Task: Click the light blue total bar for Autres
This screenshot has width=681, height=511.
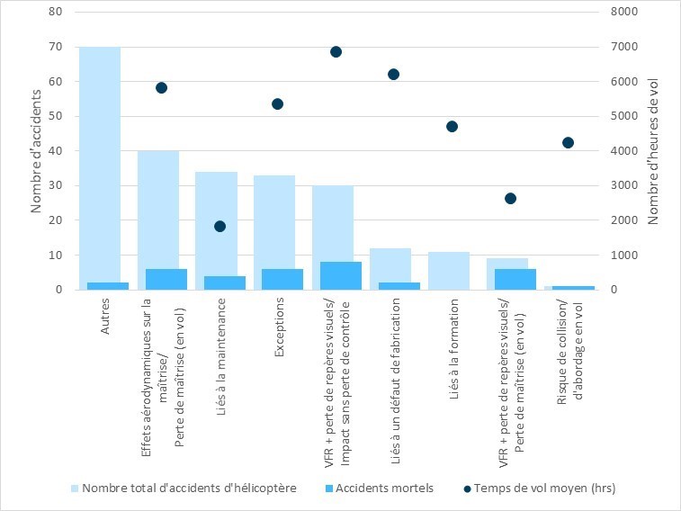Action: (100, 162)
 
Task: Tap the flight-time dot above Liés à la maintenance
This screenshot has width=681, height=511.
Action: (220, 226)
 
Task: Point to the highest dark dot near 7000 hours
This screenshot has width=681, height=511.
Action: (336, 51)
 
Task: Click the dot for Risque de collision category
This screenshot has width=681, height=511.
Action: (568, 142)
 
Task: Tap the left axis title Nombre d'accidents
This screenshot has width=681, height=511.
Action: (37, 150)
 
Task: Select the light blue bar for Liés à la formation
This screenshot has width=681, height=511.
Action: (448, 270)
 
